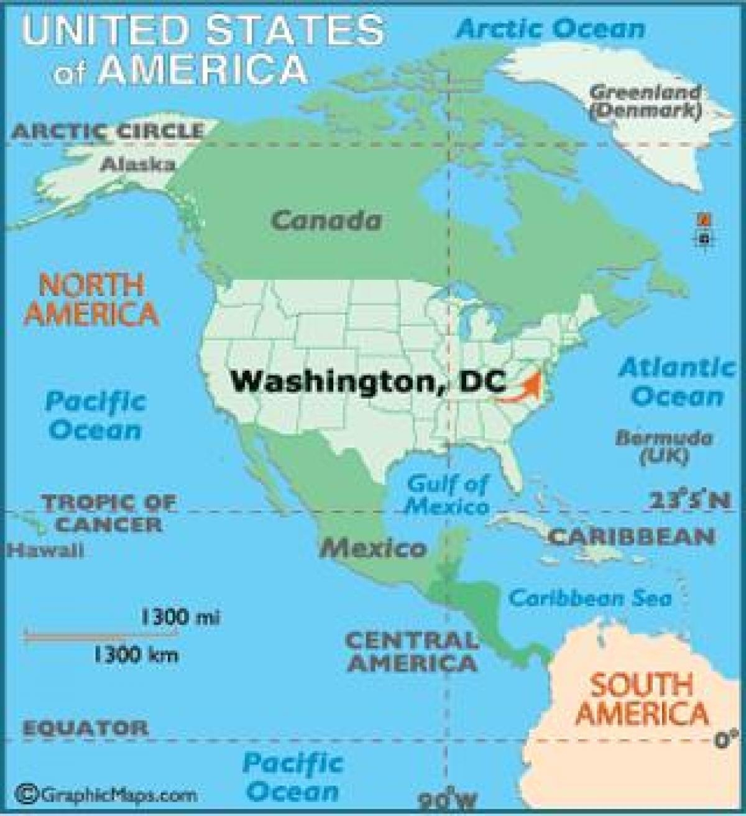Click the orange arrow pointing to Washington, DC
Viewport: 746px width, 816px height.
click(x=521, y=387)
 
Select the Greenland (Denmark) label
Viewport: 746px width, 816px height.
click(x=645, y=101)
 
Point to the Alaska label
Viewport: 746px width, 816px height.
click(x=138, y=164)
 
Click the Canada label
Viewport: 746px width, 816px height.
click(x=326, y=220)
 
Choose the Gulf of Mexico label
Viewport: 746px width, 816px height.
click(x=448, y=494)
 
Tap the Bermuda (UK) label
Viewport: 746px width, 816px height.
click(x=664, y=447)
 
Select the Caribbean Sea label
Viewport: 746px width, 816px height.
click(x=591, y=598)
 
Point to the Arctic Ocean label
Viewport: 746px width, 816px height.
click(x=551, y=29)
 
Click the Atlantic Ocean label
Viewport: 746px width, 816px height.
click(x=677, y=381)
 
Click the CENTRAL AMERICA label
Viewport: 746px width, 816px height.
click(x=412, y=651)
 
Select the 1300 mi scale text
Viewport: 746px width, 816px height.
click(x=181, y=617)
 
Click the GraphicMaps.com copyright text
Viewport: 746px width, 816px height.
click(x=109, y=794)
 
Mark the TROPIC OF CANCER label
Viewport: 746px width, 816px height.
click(x=109, y=512)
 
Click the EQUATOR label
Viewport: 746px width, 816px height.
click(x=86, y=728)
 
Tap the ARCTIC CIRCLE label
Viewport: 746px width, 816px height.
click(x=108, y=131)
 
